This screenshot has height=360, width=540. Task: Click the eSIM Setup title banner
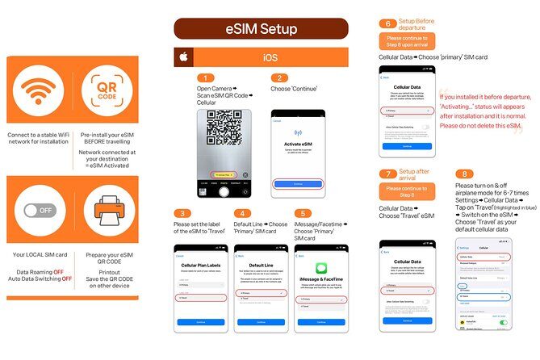click(x=261, y=29)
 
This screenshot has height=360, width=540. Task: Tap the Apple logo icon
click(x=183, y=57)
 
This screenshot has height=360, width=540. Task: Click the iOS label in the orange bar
click(x=270, y=57)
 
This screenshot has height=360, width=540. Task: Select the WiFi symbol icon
click(x=40, y=93)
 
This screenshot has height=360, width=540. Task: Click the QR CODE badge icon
click(x=109, y=93)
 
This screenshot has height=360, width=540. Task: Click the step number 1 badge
click(x=206, y=77)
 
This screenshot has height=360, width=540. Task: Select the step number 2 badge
click(x=279, y=77)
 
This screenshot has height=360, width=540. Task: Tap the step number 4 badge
click(x=242, y=212)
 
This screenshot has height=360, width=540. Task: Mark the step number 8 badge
click(x=463, y=174)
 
